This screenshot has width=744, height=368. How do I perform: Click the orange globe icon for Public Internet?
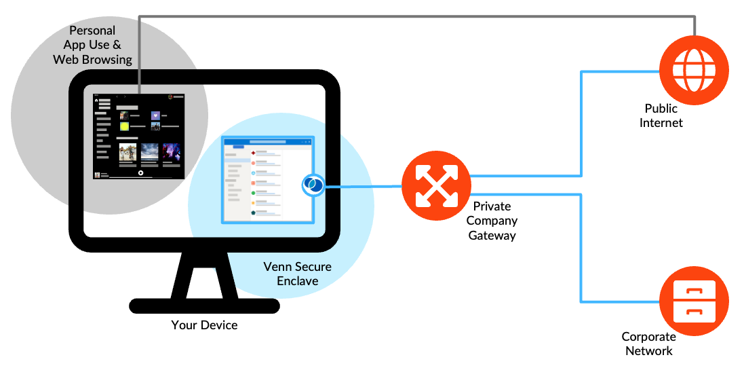694,69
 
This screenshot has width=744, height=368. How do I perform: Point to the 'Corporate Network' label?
648,344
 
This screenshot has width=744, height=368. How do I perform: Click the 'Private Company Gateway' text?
492,221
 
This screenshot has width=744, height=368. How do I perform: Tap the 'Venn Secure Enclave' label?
297,273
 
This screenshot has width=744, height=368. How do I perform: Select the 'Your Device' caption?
204,325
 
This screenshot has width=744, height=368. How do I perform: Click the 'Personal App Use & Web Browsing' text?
92,45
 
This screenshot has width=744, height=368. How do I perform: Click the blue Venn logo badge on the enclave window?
313,185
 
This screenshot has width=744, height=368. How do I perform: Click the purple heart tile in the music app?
155,115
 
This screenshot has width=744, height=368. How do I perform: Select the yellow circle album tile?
124,126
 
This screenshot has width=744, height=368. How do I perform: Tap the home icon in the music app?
97,101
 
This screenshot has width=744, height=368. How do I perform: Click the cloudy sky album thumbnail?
150,152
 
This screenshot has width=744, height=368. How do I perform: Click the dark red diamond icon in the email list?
253,153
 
